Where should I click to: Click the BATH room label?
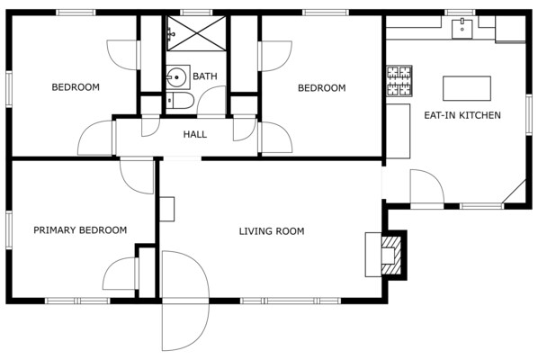pyautogui.click(x=205, y=76)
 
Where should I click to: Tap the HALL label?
pyautogui.click(x=195, y=134)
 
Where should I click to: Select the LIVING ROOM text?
pyautogui.click(x=272, y=231)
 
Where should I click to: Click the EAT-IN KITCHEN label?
pyautogui.click(x=462, y=115)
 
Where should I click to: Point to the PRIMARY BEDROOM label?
pyautogui.click(x=80, y=229)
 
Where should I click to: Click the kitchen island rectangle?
pyautogui.click(x=467, y=88)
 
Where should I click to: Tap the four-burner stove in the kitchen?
pyautogui.click(x=399, y=81)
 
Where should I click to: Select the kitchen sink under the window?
pyautogui.click(x=462, y=29)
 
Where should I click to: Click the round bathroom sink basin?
pyautogui.click(x=176, y=77)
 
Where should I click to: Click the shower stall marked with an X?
pyautogui.click(x=196, y=33)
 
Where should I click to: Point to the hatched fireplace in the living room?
pyautogui.click(x=391, y=255)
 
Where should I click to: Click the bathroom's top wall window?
pyautogui.click(x=196, y=13)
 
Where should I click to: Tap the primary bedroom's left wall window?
pyautogui.click(x=9, y=229)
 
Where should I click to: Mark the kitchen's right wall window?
pyautogui.click(x=529, y=114)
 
